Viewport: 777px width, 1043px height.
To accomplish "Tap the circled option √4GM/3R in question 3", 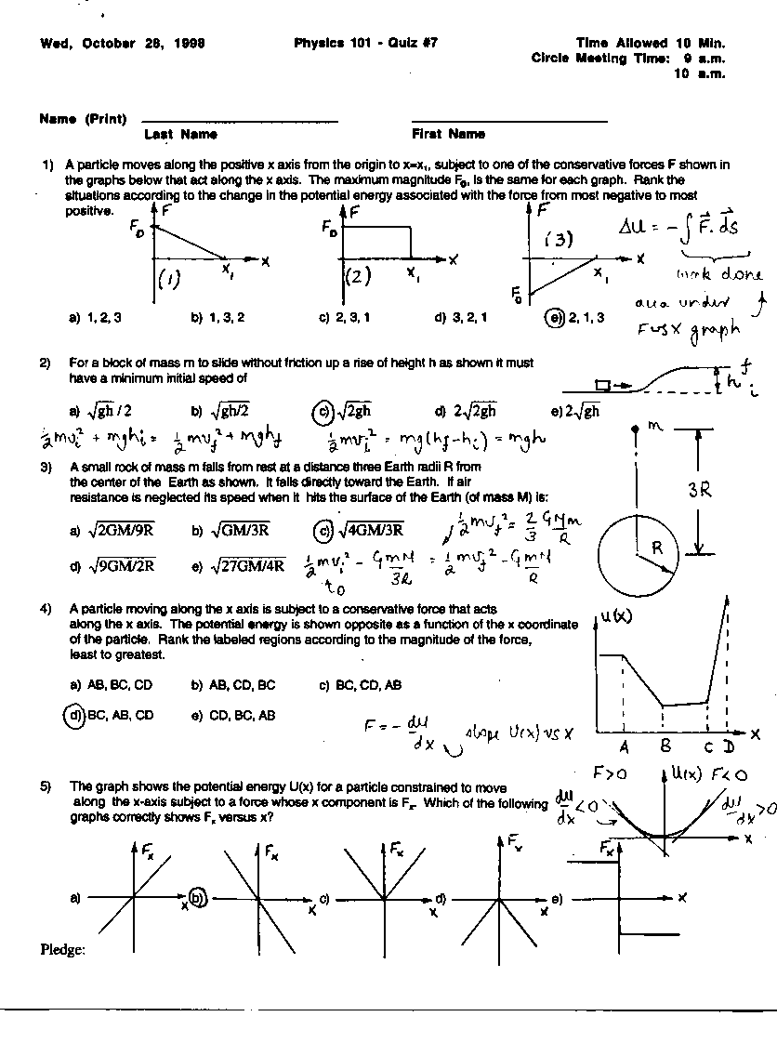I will point(322,530).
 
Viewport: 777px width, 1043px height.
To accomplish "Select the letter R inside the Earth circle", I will point(656,548).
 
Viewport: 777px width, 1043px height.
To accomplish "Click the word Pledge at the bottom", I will point(63,949).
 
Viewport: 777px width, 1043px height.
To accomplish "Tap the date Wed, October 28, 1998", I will point(123,43).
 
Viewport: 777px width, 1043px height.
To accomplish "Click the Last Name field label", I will point(180,134).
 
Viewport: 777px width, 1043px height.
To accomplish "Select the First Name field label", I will point(448,134).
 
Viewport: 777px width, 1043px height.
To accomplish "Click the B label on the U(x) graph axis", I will point(665,746).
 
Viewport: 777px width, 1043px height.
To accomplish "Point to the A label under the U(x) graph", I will point(624,746).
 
